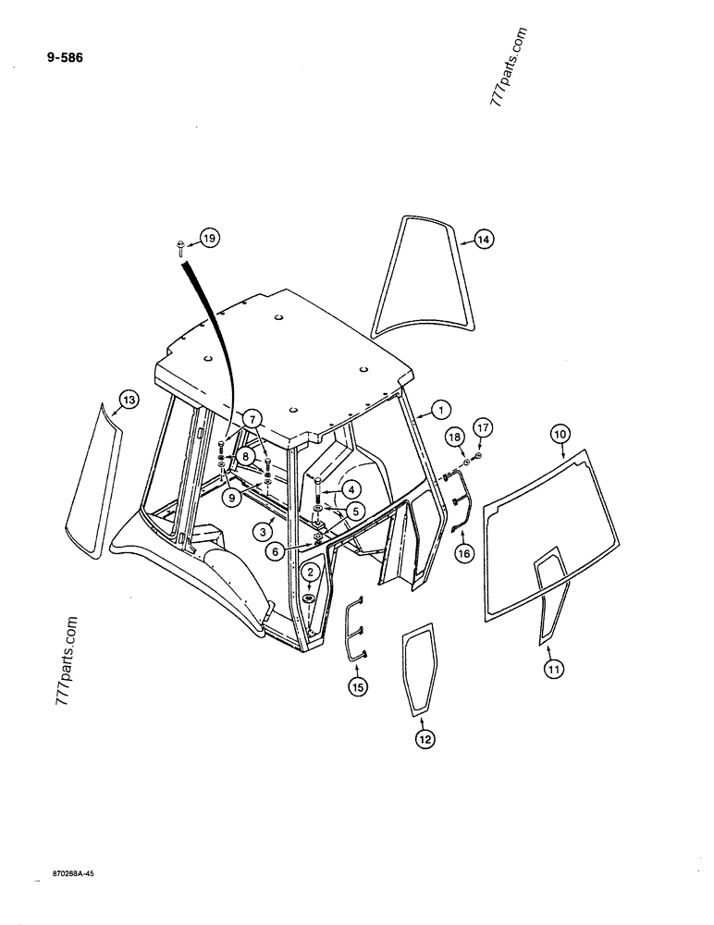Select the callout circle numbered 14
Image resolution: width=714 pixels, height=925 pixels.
coord(482,240)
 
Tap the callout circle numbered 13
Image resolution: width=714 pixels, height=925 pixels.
coord(127,400)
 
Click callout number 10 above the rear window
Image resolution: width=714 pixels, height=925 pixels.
coord(561,433)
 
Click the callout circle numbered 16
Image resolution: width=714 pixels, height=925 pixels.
coord(462,553)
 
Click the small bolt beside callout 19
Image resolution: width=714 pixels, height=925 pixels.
coord(178,244)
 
